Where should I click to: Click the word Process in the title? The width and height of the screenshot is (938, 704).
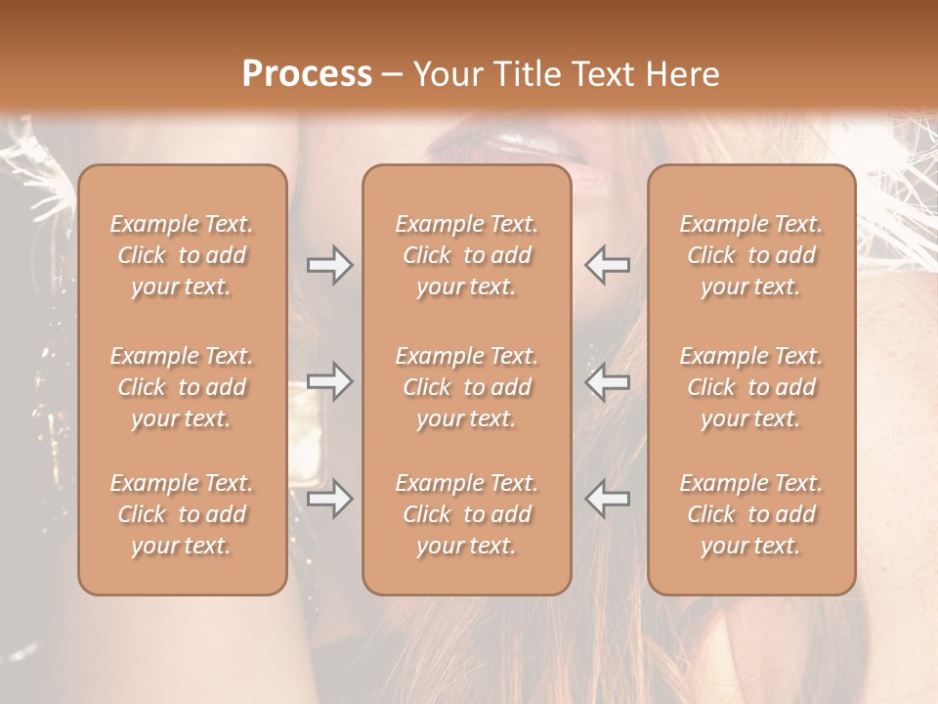pos(307,74)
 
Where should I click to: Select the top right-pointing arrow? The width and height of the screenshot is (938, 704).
pos(329,265)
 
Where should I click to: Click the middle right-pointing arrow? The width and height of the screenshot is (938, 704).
pos(329,381)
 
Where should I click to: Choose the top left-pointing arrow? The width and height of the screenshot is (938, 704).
pos(607,265)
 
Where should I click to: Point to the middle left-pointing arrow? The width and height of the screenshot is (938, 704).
pos(607,381)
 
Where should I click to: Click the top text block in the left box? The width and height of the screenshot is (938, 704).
pos(182,255)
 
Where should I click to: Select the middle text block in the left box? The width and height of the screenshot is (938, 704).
pos(182,387)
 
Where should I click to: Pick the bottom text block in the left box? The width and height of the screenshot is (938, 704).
pos(182,514)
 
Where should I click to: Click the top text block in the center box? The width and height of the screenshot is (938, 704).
pos(466,255)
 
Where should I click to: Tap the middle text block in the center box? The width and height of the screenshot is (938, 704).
pos(466,387)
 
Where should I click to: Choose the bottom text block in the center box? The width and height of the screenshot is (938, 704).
pos(466,514)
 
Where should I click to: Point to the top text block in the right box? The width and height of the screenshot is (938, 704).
pos(750,255)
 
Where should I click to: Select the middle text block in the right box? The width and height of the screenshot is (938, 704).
pos(750,387)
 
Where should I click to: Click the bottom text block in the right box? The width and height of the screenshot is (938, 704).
pos(750,514)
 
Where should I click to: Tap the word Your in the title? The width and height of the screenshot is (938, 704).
pos(446,74)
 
